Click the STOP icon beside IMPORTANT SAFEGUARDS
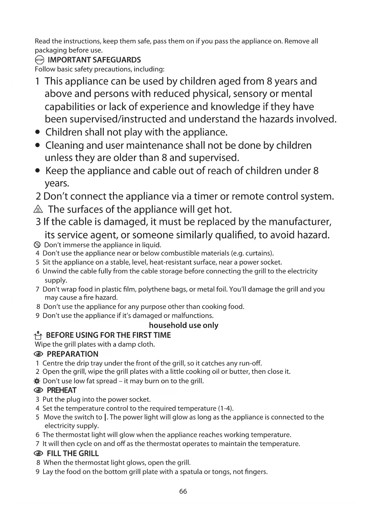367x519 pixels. pyautogui.click(x=39, y=60)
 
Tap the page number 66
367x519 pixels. pyautogui.click(x=183, y=491)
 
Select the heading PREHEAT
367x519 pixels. pyautogui.click(x=62, y=390)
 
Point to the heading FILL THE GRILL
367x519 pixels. pyautogui.click(x=73, y=453)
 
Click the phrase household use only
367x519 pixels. pyautogui.click(x=183, y=325)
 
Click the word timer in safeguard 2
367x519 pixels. pyautogui.click(x=207, y=196)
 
